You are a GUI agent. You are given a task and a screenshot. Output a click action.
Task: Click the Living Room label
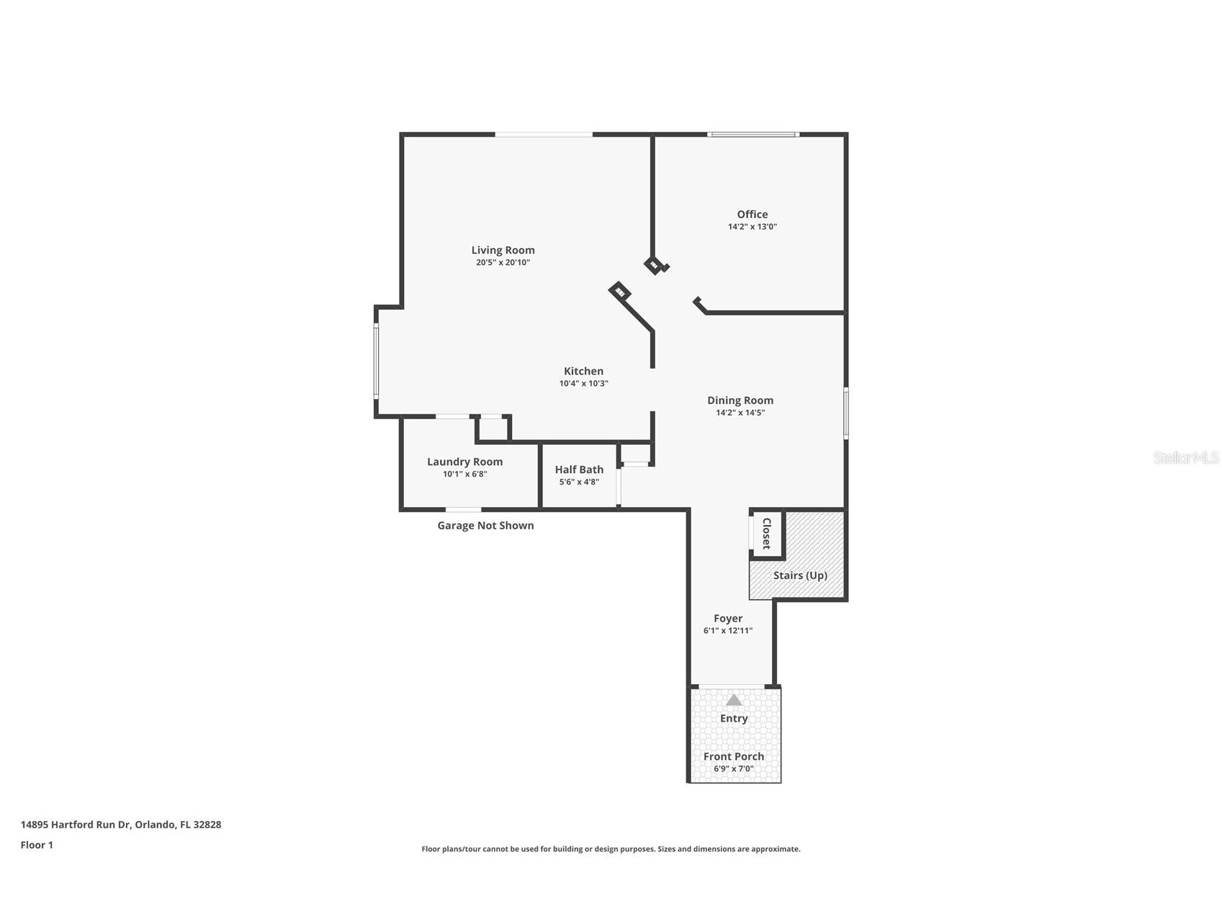[x=503, y=250]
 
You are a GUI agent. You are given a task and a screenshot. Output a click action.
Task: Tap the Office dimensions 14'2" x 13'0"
[x=752, y=227]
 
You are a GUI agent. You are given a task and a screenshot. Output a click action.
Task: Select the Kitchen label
[x=583, y=371]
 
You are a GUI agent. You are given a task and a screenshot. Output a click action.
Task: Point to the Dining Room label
[x=740, y=400]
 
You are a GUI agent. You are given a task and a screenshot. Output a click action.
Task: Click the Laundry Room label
[x=464, y=462]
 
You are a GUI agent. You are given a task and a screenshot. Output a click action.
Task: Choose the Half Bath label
[x=579, y=470]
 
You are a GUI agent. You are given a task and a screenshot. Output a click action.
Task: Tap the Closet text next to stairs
[x=767, y=534]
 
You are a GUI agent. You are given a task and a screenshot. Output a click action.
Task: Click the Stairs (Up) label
[x=799, y=575]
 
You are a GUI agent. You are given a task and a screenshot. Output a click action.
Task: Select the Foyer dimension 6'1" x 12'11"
[x=727, y=631]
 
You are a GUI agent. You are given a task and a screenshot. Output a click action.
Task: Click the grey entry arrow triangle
[x=733, y=700]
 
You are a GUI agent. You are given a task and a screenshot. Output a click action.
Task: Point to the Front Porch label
[x=733, y=756]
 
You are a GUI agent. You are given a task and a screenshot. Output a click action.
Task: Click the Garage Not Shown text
[x=485, y=526]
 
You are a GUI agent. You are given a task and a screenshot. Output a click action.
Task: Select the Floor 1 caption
[x=37, y=845]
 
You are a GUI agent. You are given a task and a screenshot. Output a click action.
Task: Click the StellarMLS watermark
[x=1185, y=457]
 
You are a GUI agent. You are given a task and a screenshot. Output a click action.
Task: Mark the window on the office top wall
[x=752, y=135]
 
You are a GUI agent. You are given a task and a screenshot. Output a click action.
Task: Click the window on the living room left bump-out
[x=376, y=360]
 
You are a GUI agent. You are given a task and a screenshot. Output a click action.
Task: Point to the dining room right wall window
[x=846, y=413]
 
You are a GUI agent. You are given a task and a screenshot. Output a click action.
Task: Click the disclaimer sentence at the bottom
[x=611, y=849]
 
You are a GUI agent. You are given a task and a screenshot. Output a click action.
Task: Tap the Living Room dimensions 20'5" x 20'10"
[x=503, y=263]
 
